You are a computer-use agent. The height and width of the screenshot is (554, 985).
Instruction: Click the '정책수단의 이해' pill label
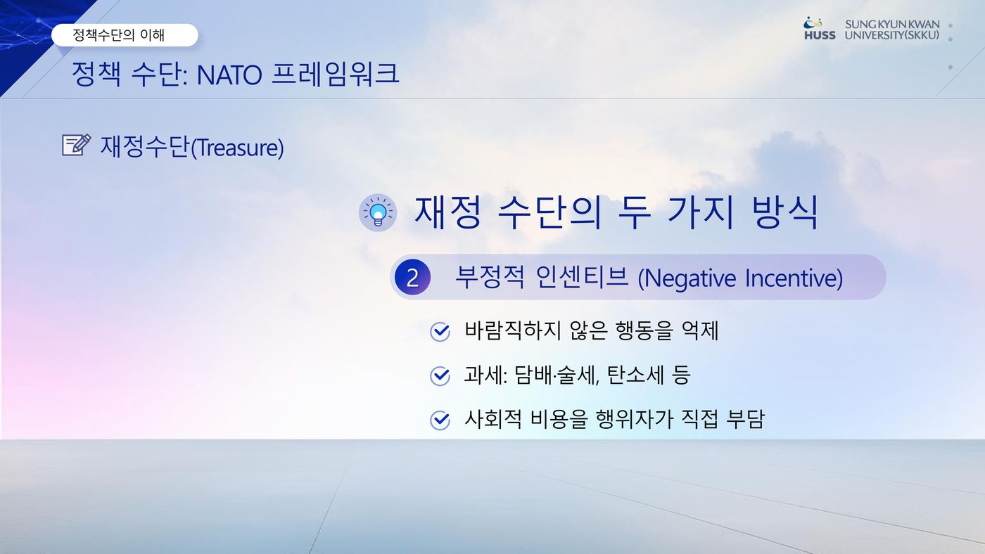pos(125,34)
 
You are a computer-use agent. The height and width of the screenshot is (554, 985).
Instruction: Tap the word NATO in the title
pos(229,75)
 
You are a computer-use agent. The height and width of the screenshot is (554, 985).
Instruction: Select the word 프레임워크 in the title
pos(336,74)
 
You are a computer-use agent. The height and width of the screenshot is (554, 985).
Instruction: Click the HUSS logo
pos(819,29)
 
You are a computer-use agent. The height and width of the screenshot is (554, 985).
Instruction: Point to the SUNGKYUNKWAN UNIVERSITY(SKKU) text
pos(892,30)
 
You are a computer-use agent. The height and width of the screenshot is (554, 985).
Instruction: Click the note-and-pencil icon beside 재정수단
pos(76,145)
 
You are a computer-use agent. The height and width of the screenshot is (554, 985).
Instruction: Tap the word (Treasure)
pos(238,147)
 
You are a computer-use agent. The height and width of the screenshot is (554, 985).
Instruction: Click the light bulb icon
pos(378,212)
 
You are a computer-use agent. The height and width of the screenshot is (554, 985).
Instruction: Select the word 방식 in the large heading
pos(785,212)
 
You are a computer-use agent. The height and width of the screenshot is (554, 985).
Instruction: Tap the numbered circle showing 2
pos(412,277)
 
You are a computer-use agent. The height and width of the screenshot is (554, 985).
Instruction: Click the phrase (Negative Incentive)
pos(740,278)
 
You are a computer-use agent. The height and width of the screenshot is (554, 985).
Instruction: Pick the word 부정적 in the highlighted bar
pos(490,277)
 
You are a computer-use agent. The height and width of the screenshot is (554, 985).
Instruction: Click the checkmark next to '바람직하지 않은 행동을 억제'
pos(440,331)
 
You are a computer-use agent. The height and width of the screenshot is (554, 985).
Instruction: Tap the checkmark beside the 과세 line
pos(440,375)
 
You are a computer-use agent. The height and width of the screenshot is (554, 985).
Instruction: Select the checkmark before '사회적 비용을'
pos(440,420)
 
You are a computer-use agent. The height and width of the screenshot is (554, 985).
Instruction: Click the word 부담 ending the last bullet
pos(745,419)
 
